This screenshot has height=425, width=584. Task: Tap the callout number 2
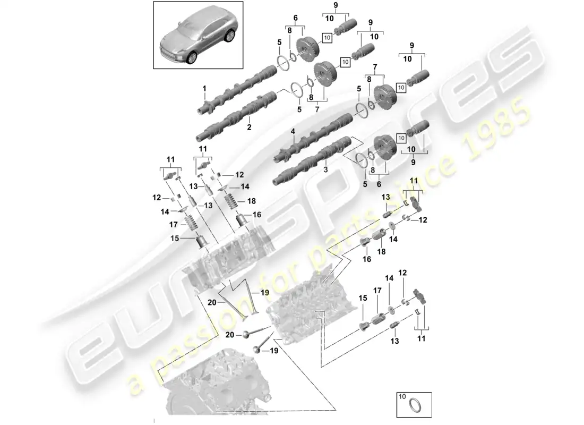point(249,128)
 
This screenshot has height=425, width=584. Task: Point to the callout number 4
point(292,131)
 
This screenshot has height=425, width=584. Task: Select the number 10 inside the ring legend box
point(401,397)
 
